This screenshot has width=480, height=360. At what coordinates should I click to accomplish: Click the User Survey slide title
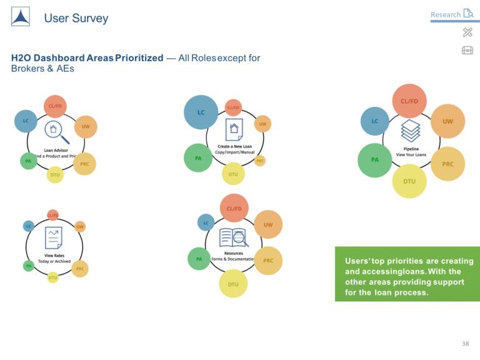click(x=76, y=18)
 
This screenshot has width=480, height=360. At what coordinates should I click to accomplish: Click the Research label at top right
click(x=445, y=14)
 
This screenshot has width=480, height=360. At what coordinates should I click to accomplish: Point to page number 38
click(x=465, y=344)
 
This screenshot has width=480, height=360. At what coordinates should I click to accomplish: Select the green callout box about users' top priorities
click(x=407, y=274)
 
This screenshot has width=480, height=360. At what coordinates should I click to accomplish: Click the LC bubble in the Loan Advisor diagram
click(x=26, y=121)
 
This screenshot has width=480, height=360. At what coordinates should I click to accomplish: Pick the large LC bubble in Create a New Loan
click(x=201, y=112)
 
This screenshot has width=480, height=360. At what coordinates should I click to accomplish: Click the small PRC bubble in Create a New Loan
click(x=260, y=161)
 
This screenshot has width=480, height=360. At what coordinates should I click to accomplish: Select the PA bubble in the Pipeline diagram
click(x=374, y=160)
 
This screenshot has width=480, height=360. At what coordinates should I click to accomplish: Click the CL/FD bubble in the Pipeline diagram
click(x=409, y=101)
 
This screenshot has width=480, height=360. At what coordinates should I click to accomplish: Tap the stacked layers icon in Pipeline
click(x=411, y=131)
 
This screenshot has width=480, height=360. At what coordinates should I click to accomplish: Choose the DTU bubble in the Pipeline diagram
click(x=409, y=181)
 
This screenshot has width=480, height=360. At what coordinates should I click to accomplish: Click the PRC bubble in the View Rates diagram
click(x=80, y=269)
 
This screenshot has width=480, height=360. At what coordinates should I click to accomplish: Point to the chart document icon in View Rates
click(x=53, y=238)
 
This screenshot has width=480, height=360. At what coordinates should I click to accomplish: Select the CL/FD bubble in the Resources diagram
click(x=234, y=208)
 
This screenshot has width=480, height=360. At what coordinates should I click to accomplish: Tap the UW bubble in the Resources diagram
click(x=268, y=224)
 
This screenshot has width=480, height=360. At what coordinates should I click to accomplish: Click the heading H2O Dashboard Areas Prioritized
click(x=87, y=58)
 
